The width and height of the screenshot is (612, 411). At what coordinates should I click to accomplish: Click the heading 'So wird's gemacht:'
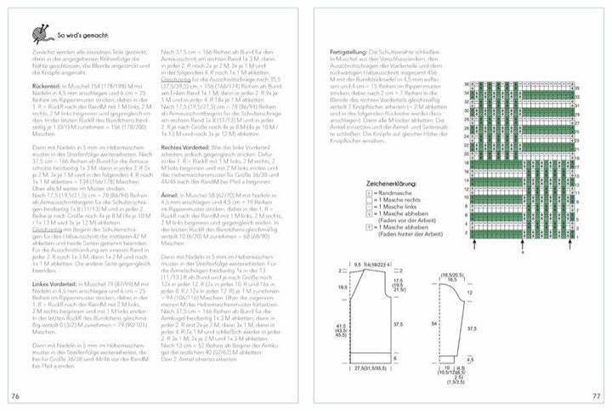coord(82,36)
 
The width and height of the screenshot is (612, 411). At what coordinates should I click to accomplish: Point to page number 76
coord(15,396)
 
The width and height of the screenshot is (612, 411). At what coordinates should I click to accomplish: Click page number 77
coord(596,396)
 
